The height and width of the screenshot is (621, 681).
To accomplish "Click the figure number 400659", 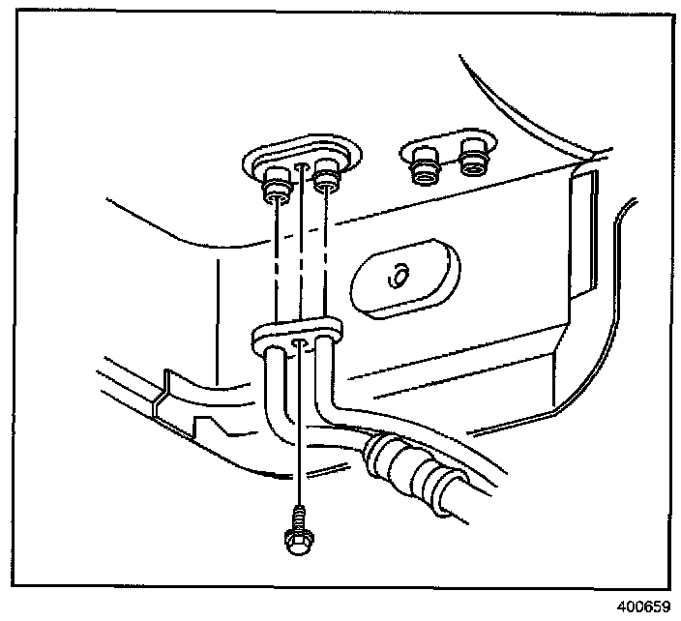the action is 642,607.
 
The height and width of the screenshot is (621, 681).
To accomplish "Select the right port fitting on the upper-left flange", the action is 327,177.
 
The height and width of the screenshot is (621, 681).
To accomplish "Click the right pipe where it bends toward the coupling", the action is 335,406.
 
